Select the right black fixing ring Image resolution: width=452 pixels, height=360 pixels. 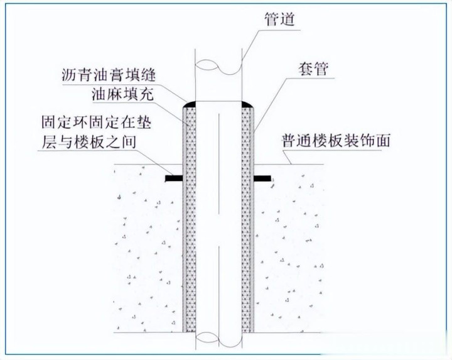click(265, 179)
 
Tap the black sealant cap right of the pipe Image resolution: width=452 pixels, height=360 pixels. click(249, 102)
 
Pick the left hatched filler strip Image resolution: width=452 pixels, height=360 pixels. click(189, 220)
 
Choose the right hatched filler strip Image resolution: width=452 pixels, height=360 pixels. click(249, 220)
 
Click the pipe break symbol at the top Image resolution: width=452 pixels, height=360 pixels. click(219, 64)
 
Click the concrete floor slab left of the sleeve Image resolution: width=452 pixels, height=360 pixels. click(148, 251)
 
